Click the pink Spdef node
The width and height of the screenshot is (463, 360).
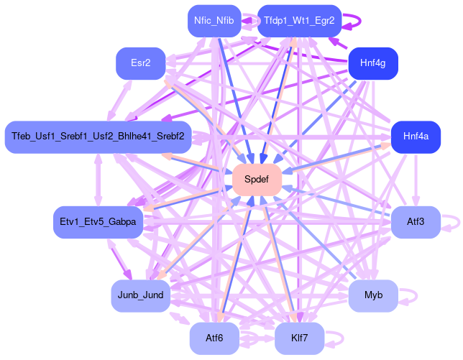point(257,180)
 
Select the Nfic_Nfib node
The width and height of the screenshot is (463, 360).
point(214,21)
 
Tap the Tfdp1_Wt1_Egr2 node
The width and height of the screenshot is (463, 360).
point(299,21)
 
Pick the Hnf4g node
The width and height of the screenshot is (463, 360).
point(373,64)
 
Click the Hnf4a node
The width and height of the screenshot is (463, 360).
point(416,137)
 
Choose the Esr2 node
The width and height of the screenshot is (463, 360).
point(141,64)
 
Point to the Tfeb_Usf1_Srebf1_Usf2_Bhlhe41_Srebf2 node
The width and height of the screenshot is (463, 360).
point(98,137)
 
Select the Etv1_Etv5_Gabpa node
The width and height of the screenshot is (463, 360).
point(98,223)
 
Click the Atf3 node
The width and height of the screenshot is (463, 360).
point(416,223)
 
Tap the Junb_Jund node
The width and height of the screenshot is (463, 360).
point(141,295)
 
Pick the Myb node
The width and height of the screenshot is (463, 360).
point(373,295)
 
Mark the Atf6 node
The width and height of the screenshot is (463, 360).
point(214,338)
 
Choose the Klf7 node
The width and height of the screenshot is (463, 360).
point(299,338)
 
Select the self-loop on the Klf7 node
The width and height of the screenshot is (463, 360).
point(339,338)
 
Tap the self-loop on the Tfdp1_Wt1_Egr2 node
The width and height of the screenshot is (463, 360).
point(358,21)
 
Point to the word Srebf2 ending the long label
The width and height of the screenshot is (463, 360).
point(170,137)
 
